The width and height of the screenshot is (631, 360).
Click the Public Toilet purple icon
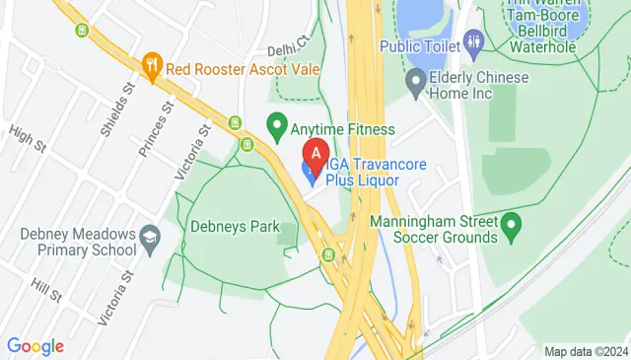click(474, 41)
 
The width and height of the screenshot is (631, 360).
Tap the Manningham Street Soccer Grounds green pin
click(510, 229)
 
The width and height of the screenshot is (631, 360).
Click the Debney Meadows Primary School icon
click(149, 237)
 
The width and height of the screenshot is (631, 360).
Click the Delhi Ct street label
click(289, 45)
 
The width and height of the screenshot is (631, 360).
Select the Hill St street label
click(45, 288)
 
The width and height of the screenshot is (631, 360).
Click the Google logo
click(35, 346)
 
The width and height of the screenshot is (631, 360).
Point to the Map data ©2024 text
click(586, 351)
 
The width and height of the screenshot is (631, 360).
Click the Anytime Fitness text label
click(342, 129)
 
